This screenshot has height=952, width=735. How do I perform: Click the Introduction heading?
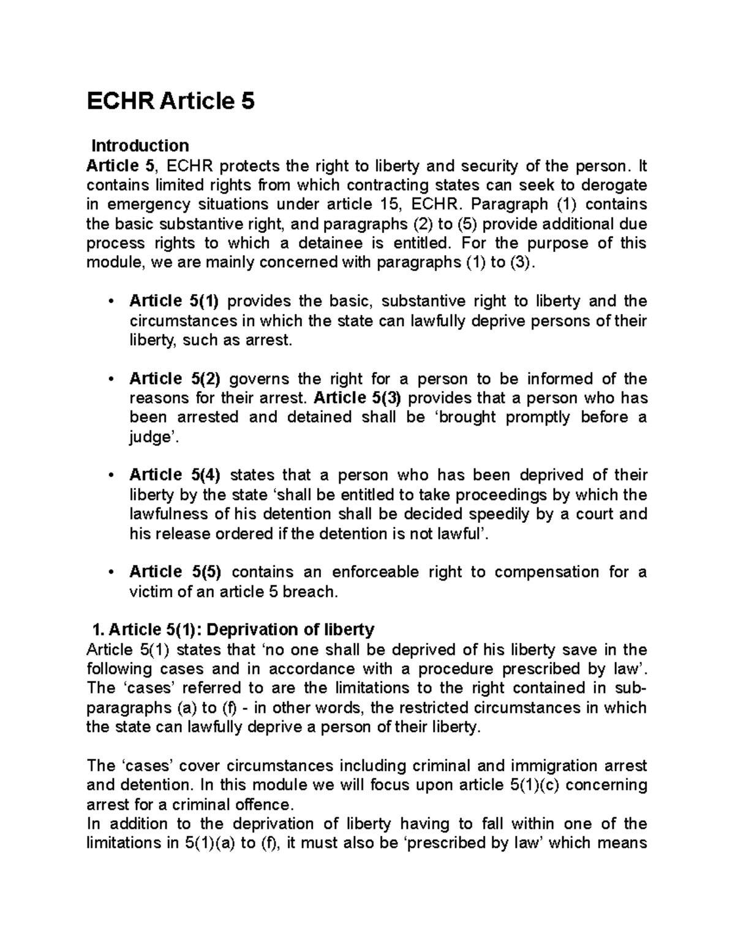[x=140, y=146]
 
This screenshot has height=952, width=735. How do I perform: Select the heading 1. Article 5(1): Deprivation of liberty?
[x=232, y=630]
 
